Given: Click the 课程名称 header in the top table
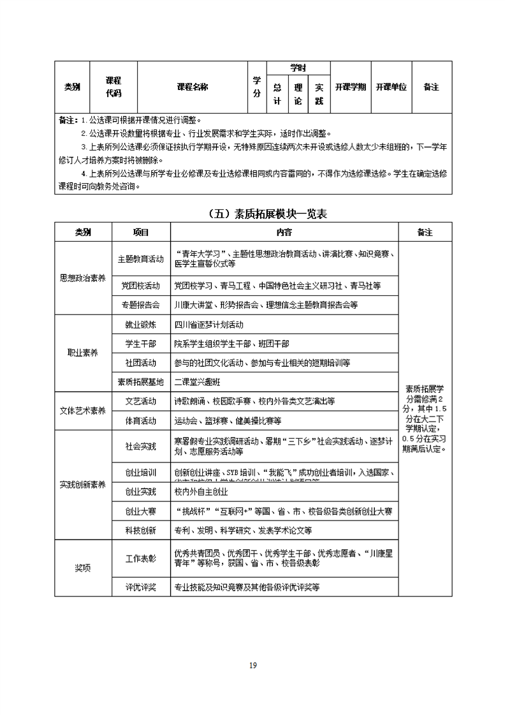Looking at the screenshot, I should [192, 87].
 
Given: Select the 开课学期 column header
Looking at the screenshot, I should [350, 87].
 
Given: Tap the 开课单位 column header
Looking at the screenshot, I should [391, 87].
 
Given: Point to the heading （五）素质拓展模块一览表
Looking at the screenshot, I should [267, 214].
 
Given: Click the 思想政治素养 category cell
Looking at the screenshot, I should [83, 278].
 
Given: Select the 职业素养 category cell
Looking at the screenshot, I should [83, 353].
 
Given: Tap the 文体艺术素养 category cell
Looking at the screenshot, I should [83, 411].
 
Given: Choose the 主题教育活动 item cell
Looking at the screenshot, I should [141, 260].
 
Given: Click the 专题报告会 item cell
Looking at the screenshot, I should [141, 306].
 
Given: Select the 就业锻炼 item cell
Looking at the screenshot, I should [141, 325].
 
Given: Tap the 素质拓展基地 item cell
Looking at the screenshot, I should [141, 382].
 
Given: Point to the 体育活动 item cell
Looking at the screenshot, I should [141, 421].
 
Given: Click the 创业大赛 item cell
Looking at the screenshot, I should [141, 512].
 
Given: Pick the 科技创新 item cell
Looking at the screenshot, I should [141, 531].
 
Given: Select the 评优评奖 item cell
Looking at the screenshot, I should [141, 587].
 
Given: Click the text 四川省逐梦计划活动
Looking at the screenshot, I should [209, 325].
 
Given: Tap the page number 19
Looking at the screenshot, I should [252, 665].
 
